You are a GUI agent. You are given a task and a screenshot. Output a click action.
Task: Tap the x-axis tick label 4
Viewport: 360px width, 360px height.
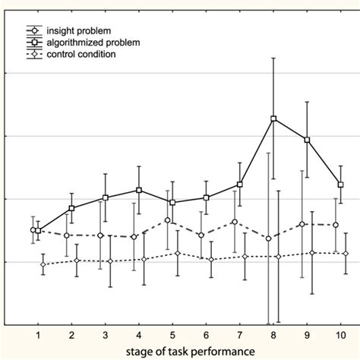(138, 336)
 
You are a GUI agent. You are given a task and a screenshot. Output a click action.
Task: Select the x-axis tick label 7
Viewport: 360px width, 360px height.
(239, 336)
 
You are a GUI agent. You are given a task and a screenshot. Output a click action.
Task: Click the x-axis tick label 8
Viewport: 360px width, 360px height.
(273, 336)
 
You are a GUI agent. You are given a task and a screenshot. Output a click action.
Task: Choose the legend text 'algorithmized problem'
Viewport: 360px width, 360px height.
(93, 43)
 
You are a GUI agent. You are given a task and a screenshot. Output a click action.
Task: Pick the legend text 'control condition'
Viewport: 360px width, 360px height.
(83, 55)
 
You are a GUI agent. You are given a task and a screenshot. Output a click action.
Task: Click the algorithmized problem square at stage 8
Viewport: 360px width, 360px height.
(273, 118)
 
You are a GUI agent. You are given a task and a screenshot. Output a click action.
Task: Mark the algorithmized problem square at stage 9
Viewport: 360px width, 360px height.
(307, 140)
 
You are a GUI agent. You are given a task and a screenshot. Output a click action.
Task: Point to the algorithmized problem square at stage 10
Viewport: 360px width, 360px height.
(340, 185)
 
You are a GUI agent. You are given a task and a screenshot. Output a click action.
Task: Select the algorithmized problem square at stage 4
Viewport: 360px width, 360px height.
(139, 190)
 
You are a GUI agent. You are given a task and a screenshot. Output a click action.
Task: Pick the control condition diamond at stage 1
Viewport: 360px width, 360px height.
(43, 264)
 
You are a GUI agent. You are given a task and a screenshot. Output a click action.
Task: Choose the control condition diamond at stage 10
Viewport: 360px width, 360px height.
(346, 254)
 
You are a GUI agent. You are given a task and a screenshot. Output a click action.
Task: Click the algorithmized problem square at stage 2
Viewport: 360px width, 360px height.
(71, 208)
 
